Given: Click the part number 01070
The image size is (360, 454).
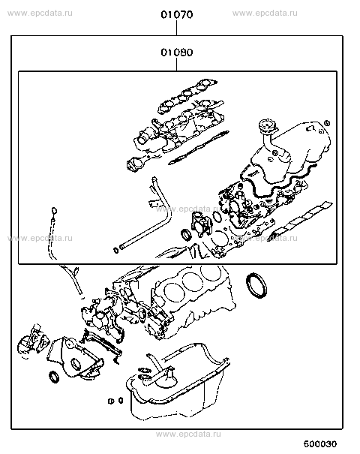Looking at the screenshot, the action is [x=177, y=14].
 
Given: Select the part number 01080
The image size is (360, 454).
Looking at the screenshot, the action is [x=177, y=53].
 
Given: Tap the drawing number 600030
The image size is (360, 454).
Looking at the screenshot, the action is [x=320, y=443].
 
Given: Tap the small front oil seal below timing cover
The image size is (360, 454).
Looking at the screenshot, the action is [x=54, y=377].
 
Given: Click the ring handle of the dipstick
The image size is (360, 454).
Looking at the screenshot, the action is [x=54, y=210].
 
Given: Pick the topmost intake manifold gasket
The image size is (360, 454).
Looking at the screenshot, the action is [x=187, y=97].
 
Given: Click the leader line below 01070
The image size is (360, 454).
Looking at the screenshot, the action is [x=176, y=28].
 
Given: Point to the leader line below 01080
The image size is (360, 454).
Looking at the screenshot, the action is [x=176, y=64].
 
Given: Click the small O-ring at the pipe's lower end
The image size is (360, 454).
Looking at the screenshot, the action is [x=115, y=250].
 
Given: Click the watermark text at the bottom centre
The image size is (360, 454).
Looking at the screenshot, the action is [x=188, y=434].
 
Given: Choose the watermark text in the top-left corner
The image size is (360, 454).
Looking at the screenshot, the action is [x=40, y=13].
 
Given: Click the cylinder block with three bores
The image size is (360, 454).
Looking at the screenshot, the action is [x=191, y=296].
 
